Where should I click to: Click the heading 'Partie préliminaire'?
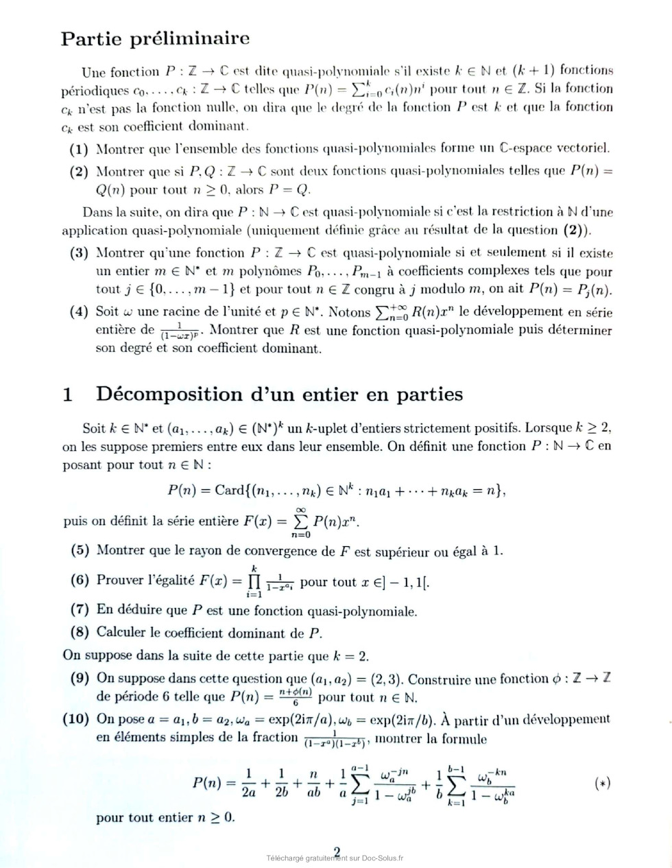pyautogui.click(x=155, y=38)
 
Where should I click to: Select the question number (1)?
pyautogui.click(x=79, y=148)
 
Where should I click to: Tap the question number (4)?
pyautogui.click(x=79, y=312)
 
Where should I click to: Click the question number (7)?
pyautogui.click(x=80, y=609)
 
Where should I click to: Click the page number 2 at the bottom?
pyautogui.click(x=336, y=850)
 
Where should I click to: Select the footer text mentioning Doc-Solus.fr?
pyautogui.click(x=335, y=858)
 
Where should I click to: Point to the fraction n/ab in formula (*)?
pyautogui.click(x=313, y=782)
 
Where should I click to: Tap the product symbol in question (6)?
pyautogui.click(x=254, y=582)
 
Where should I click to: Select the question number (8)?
pyautogui.click(x=80, y=631)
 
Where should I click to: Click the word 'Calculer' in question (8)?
pyautogui.click(x=121, y=631)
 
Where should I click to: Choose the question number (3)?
pyautogui.click(x=79, y=253)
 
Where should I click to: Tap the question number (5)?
pyautogui.click(x=80, y=550)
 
